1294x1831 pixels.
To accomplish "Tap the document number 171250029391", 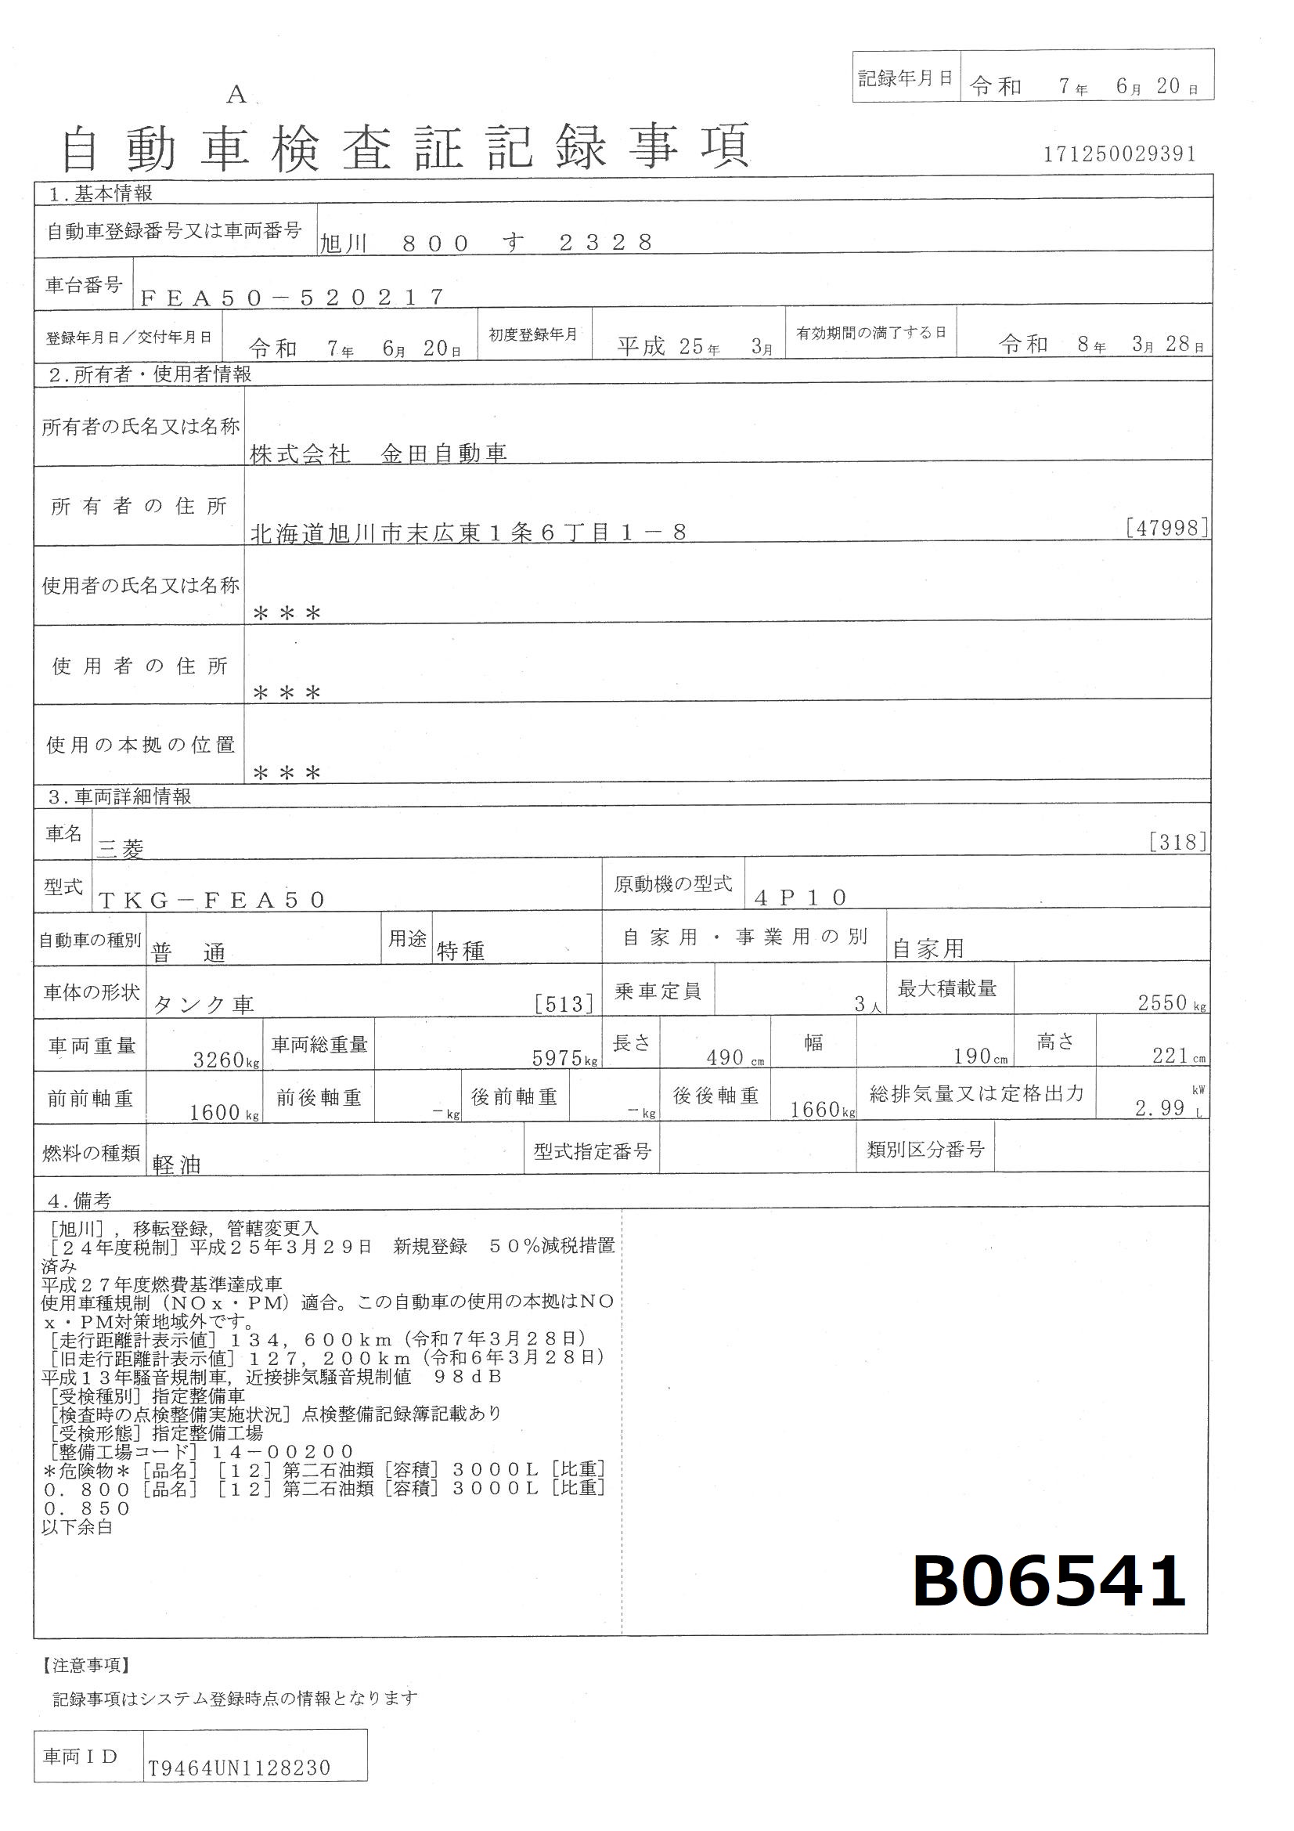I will click(x=1120, y=154).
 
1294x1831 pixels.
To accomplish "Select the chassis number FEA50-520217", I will click(x=292, y=298).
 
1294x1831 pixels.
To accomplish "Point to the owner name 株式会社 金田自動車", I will click(x=379, y=453).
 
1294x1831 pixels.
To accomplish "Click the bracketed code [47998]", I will click(x=1168, y=527).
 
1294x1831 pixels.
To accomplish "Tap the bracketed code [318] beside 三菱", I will click(x=1178, y=842).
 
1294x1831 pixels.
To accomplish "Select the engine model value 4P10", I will click(x=801, y=898).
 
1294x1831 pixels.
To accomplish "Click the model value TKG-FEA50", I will click(x=212, y=900).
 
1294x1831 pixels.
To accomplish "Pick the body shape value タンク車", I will click(x=204, y=1005).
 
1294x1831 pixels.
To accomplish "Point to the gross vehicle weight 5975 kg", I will click(x=564, y=1058).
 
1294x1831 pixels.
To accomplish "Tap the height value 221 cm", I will click(x=1178, y=1056).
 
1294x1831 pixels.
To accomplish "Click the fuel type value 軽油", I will click(x=177, y=1165).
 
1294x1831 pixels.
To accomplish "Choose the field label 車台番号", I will click(x=84, y=285).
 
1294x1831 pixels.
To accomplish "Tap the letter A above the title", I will click(x=236, y=95).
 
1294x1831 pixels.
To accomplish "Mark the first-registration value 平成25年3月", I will click(x=694, y=346).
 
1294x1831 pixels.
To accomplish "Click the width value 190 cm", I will click(x=980, y=1056).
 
